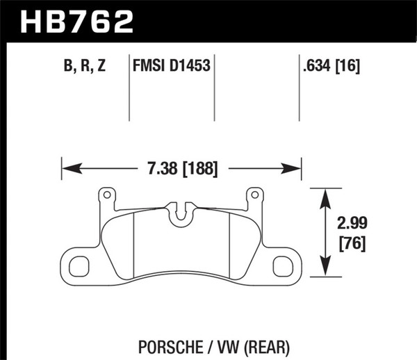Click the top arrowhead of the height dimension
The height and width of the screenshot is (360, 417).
point(324,195)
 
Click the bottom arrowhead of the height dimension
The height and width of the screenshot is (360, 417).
point(324,272)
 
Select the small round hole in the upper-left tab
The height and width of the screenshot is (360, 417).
point(107,196)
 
